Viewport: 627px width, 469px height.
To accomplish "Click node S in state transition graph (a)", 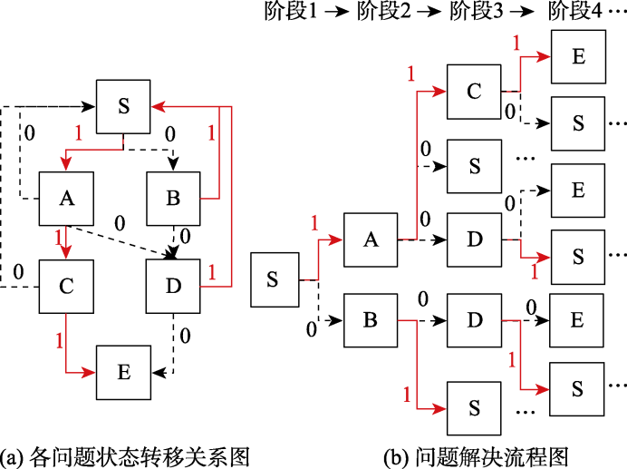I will click(124, 105).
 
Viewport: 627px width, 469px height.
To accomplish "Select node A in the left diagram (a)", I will click(65, 199).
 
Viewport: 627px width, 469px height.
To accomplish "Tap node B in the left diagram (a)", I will click(173, 199).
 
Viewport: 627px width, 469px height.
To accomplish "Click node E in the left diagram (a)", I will click(124, 372).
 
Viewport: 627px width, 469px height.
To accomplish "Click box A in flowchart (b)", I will click(371, 239).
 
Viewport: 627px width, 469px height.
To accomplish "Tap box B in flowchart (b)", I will click(371, 321).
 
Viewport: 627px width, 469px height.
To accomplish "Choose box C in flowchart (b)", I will click(473, 91).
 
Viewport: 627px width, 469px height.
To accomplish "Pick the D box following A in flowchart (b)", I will click(473, 239).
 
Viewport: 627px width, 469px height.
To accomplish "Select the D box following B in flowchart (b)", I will click(473, 321).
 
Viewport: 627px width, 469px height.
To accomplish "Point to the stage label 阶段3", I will click(475, 12).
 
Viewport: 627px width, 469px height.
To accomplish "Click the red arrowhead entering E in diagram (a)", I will click(92, 372).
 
